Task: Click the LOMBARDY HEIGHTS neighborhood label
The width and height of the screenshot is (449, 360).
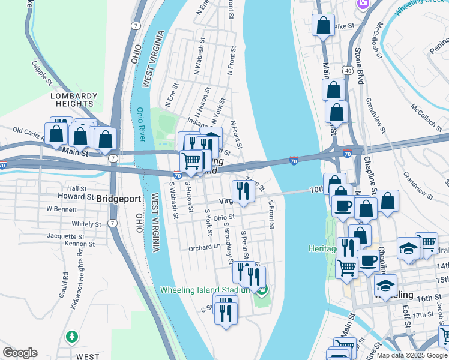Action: coord(74,100)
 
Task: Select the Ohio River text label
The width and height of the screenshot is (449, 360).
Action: coord(141,124)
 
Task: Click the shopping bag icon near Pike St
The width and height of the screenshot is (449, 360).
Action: coord(323,26)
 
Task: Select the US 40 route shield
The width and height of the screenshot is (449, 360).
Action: coord(348,71)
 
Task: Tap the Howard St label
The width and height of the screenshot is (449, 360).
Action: coord(76,196)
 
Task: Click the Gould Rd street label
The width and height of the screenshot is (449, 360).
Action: coord(64,287)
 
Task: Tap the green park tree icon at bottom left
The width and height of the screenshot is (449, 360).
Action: coord(72,336)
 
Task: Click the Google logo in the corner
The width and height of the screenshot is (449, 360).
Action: coord(20,352)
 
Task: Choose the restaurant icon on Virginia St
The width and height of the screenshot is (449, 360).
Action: coord(243,191)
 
